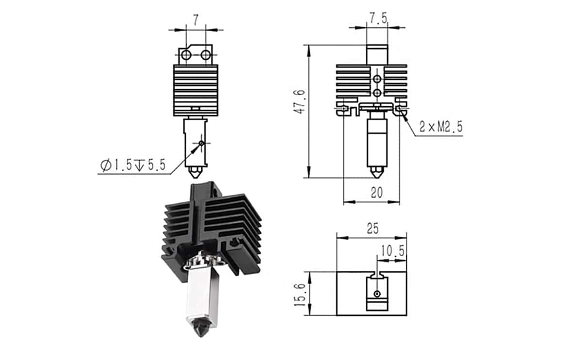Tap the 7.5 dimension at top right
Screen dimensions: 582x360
[x=379, y=18]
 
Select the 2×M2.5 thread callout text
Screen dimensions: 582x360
[x=441, y=127]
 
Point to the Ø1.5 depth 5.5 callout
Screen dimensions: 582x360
[x=133, y=165]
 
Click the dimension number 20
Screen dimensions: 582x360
[x=377, y=193]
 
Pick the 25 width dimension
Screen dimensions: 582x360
[x=373, y=229]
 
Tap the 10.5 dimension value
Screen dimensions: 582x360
[x=392, y=251]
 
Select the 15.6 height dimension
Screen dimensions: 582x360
[x=300, y=295]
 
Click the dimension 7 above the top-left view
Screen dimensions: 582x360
[x=195, y=20]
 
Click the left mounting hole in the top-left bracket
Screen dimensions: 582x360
[x=186, y=55]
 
